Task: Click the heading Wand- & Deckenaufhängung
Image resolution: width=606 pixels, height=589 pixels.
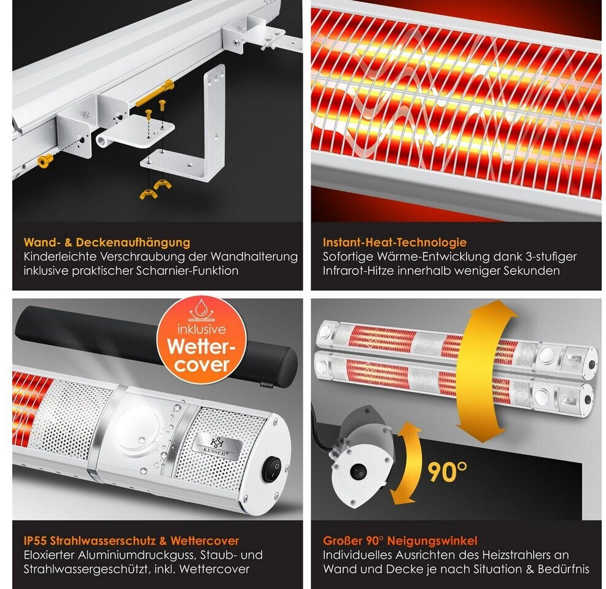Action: coord(107,242)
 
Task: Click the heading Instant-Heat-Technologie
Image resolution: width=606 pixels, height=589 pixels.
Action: coord(395,242)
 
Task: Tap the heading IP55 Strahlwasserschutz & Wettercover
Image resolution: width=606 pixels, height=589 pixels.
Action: coord(131,541)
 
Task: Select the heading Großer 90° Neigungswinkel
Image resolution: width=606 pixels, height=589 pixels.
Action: coord(400,541)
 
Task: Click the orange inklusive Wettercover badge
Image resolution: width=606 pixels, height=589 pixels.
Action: coord(201,341)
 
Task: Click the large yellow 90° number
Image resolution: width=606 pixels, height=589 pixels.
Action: coord(447,471)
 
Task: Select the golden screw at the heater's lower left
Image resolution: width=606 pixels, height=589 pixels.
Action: coord(45,161)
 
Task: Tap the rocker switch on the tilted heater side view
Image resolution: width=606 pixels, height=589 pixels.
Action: coord(358,472)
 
